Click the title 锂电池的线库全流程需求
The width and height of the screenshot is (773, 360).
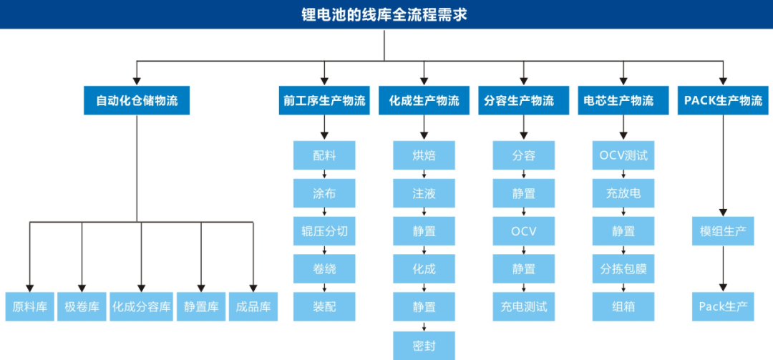[x=384, y=14]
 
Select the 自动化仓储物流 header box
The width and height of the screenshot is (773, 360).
[x=137, y=101]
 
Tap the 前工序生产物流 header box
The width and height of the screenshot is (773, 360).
[x=324, y=101]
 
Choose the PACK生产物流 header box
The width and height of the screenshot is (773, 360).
[x=723, y=101]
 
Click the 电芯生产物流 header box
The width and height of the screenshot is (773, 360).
[x=623, y=101]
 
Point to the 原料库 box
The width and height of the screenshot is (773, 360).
[x=30, y=307]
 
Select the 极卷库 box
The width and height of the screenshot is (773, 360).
[x=82, y=307]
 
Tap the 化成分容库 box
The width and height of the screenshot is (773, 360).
[x=141, y=307]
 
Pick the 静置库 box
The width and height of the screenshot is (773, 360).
[x=201, y=307]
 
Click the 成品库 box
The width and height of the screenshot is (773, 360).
[x=253, y=307]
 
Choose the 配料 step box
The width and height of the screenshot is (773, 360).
[x=324, y=155]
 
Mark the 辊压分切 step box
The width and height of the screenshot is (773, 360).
[x=324, y=231]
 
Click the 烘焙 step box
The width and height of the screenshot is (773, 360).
[x=424, y=155]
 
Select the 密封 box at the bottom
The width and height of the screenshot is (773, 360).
[x=424, y=346]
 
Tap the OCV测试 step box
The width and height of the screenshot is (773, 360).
[x=623, y=155]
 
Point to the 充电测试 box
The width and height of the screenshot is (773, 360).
[x=523, y=307]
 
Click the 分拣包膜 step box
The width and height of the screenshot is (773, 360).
[x=623, y=269]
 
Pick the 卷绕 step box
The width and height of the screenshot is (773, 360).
[x=324, y=269]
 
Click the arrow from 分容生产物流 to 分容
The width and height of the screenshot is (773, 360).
[x=523, y=127]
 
